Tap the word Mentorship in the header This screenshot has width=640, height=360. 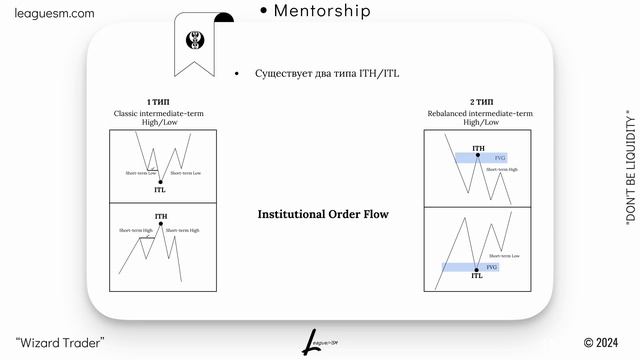click(x=321, y=11)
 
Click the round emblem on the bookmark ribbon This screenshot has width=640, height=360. click(x=195, y=41)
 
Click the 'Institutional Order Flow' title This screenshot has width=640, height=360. click(x=323, y=214)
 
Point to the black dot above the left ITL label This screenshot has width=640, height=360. click(x=161, y=181)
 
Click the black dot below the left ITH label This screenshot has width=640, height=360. click(x=161, y=225)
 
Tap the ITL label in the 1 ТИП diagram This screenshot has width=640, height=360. click(x=161, y=189)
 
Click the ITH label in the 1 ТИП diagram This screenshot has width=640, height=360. click(x=161, y=216)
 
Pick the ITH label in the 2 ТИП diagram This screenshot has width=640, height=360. click(x=478, y=148)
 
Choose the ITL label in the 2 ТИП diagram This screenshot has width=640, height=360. click(x=476, y=275)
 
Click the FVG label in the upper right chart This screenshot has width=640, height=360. click(x=500, y=158)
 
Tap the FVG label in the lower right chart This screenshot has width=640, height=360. click(x=491, y=267)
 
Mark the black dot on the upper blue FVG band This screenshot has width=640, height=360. click(x=478, y=157)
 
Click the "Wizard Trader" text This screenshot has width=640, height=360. click(x=60, y=344)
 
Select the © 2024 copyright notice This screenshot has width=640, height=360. click(x=603, y=344)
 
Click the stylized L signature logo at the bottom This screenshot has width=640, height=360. click(x=313, y=343)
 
